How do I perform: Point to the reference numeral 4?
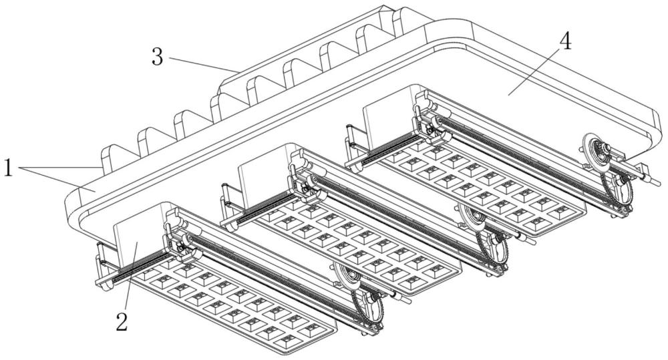(x=565, y=41)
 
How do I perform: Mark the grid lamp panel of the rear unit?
(x=481, y=187)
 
